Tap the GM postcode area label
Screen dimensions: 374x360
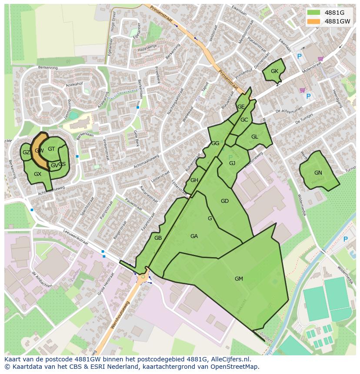239,278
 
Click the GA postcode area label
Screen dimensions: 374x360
194,236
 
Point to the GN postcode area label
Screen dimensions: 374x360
318,173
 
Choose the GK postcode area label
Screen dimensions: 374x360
274,71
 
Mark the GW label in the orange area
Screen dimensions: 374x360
39,151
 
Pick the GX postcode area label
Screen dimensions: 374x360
37,174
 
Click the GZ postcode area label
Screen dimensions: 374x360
26,152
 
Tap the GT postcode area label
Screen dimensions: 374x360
51,149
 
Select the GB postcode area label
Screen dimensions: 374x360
158,238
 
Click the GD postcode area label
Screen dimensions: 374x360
224,201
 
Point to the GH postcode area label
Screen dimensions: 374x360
194,181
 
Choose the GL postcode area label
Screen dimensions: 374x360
254,137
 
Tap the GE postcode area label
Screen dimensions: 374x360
241,107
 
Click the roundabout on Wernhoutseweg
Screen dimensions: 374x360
143,276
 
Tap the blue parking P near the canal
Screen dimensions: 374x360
346,239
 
